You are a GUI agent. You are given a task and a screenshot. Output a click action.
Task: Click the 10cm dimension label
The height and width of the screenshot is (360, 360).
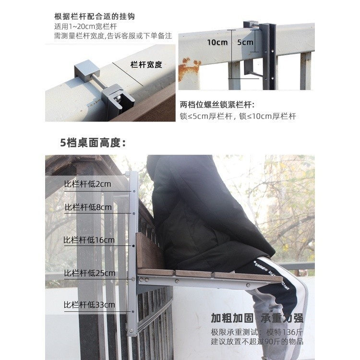tap(217, 42)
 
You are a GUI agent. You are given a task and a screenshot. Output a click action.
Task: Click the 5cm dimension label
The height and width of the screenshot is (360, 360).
tap(245, 42)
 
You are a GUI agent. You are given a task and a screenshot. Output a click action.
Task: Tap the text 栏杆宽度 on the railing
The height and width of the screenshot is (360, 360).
tap(146, 65)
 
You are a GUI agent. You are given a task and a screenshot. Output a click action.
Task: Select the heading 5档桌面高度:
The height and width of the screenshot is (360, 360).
tap(93, 143)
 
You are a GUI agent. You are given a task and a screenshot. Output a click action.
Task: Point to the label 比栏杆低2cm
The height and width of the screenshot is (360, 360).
tap(87, 184)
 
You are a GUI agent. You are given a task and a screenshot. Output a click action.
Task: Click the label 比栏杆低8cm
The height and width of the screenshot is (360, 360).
tap(88, 207)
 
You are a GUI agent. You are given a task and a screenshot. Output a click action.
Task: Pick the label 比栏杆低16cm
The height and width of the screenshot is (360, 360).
tap(89, 240)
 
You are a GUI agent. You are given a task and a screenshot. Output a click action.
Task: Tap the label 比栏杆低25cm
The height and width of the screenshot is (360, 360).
tap(90, 273)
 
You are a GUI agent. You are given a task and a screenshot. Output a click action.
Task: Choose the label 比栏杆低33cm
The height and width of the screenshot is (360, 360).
tap(89, 305)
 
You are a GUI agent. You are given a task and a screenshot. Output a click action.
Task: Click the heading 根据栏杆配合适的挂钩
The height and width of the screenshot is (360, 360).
tap(95, 16)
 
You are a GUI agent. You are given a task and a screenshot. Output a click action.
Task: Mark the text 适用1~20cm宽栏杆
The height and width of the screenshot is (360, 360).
tap(85, 26)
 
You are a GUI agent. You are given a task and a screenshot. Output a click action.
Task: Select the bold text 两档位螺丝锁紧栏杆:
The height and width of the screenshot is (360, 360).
tap(217, 105)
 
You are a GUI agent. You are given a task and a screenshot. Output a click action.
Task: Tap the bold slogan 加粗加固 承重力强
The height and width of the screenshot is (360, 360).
tap(257, 318)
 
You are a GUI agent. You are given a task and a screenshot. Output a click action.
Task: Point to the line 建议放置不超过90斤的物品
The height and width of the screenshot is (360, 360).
tap(257, 341)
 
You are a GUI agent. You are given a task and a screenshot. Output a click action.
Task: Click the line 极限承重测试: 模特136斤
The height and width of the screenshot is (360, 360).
tap(257, 332)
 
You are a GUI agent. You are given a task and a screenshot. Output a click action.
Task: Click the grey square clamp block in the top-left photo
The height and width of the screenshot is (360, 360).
tap(87, 69)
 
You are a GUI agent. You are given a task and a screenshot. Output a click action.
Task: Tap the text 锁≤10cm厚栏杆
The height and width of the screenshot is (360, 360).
tap(267, 116)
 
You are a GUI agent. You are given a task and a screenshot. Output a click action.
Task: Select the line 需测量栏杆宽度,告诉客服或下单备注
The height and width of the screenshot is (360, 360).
tap(113, 36)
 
